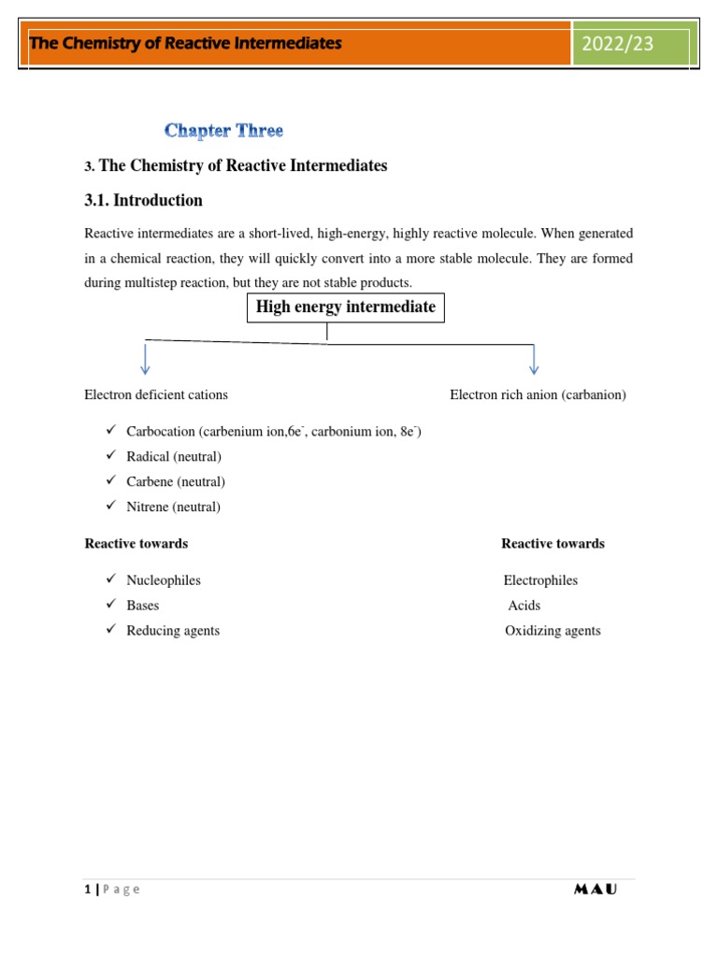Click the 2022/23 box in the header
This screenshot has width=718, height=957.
click(632, 44)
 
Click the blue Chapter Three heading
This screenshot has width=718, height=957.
click(223, 131)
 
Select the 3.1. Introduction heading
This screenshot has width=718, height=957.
click(143, 200)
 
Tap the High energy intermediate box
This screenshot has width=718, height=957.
click(346, 307)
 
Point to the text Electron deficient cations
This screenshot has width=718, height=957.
click(156, 394)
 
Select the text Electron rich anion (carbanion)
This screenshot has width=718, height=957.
click(538, 394)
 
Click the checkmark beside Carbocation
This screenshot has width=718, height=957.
click(109, 431)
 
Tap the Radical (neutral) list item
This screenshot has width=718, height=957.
click(174, 457)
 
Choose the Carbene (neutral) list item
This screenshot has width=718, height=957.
click(176, 482)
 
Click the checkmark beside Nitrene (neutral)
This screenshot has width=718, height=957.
click(109, 506)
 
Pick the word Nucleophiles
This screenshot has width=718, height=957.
click(164, 580)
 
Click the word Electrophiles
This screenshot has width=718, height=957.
click(540, 580)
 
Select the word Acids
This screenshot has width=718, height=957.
click(524, 606)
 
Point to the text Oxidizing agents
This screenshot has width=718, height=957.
click(553, 631)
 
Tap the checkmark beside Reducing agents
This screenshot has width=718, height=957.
click(109, 630)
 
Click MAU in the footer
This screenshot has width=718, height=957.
click(595, 890)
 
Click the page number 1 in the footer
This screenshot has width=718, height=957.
click(87, 890)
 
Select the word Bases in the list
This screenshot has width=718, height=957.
click(143, 606)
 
